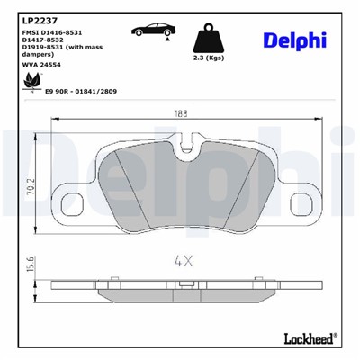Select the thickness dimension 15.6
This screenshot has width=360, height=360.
coord(30,266)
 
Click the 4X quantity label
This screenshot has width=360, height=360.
coord(185,261)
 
